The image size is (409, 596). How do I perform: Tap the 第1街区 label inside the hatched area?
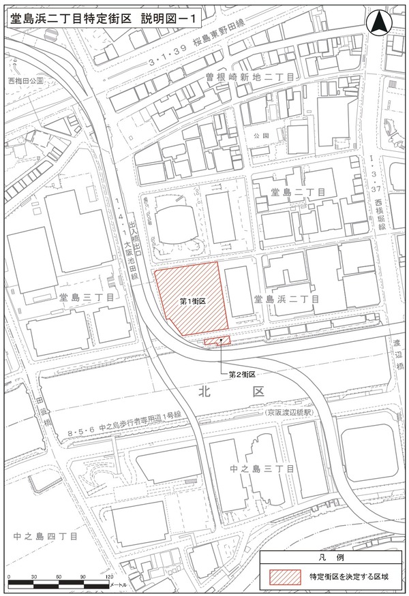click(x=193, y=300)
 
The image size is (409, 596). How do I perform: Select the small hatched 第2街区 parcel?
click(x=217, y=341)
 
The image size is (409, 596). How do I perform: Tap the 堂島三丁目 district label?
click(x=86, y=297)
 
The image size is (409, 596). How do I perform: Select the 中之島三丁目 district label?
click(x=263, y=469)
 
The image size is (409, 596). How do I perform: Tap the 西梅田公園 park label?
click(x=26, y=80)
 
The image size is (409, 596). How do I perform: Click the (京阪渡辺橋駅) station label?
click(x=288, y=413)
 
